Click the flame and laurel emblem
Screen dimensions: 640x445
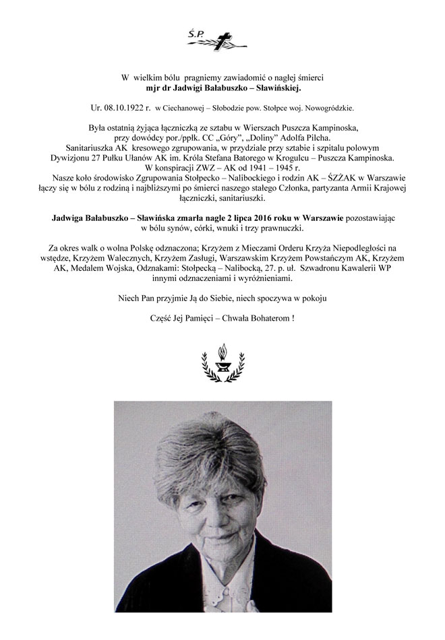coord(222,363)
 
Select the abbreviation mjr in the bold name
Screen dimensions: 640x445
coord(153,88)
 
